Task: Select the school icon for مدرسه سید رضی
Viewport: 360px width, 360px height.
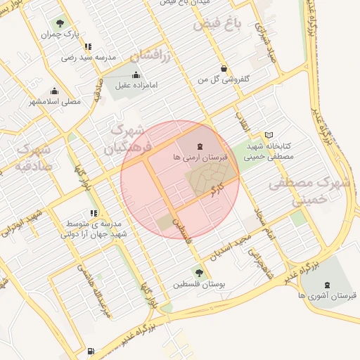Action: click(x=87, y=46)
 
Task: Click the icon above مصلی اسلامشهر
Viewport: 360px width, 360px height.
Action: click(x=55, y=91)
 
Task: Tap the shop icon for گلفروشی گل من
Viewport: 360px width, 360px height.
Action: click(x=224, y=69)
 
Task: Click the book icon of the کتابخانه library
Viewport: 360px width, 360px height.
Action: click(x=268, y=135)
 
